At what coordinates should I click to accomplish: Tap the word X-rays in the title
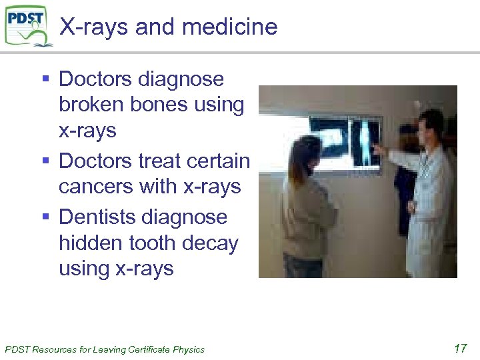tap(93, 27)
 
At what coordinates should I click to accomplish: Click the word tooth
tap(159, 243)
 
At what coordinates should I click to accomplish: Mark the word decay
tap(215, 243)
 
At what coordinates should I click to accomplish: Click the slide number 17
tap(459, 348)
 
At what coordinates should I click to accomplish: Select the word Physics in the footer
tap(189, 349)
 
